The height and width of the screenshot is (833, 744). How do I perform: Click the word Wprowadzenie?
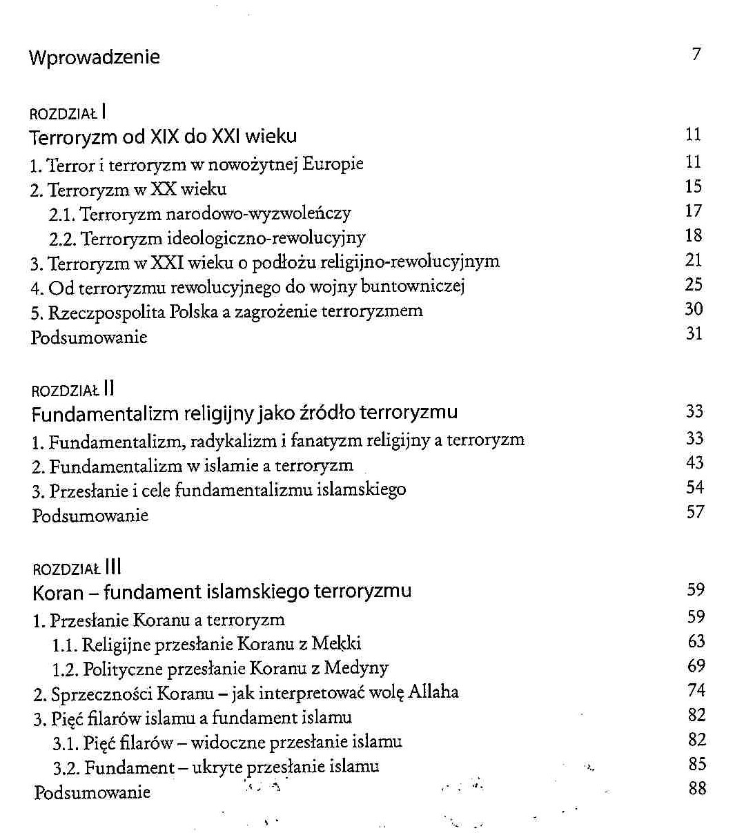(95, 57)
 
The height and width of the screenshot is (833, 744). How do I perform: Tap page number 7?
(696, 54)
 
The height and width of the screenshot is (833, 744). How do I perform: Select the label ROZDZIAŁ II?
(72, 390)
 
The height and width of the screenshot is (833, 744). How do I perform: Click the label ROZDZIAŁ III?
(77, 568)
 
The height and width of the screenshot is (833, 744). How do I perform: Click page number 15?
(694, 186)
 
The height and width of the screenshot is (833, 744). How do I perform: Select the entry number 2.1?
(62, 214)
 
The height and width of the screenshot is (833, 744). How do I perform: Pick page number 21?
(694, 260)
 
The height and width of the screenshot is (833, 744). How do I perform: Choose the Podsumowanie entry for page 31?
(89, 337)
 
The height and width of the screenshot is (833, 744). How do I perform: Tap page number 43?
(694, 462)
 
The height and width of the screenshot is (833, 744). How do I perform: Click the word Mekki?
(336, 644)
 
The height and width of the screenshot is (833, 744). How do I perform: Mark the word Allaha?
(433, 692)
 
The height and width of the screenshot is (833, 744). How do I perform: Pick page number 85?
(697, 764)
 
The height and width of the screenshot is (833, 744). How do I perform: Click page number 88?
(697, 788)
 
